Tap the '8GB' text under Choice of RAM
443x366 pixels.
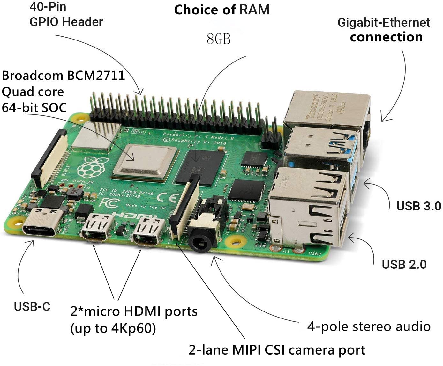(219, 39)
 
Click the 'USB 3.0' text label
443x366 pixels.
(418, 206)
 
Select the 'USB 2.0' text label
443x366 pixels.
(404, 264)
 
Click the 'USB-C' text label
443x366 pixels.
(32, 306)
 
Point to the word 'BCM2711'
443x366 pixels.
(96, 76)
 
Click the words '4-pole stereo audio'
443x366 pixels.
(369, 326)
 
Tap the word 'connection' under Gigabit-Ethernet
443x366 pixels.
(386, 37)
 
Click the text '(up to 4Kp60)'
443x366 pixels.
(113, 328)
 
